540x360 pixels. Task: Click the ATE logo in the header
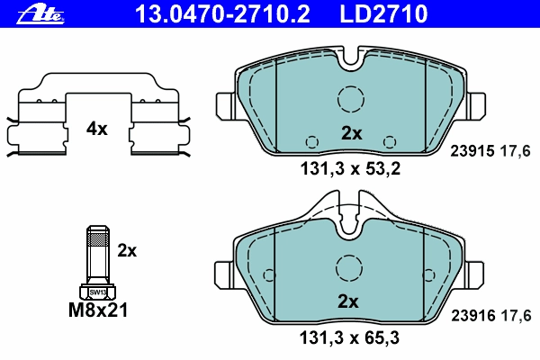click(x=40, y=15)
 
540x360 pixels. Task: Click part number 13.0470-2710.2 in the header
click(x=222, y=13)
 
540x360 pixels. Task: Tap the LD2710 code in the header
click(x=383, y=13)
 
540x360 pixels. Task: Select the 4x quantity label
click(x=97, y=130)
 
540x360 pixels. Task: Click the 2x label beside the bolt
click(x=127, y=251)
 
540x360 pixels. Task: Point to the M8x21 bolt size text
click(x=98, y=310)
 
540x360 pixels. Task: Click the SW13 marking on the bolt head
click(x=98, y=292)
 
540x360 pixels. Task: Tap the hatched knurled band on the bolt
click(x=98, y=238)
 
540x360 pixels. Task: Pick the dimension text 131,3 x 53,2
click(x=350, y=169)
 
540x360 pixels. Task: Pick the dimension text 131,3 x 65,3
click(x=349, y=338)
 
